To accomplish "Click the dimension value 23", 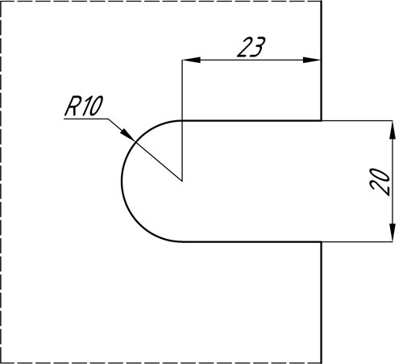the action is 251,48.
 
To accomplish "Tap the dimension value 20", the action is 380,182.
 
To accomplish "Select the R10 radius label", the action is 84,106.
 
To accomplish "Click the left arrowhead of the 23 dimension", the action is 191,60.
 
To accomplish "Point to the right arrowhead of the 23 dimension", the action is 312,60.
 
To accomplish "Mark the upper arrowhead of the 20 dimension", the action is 393,130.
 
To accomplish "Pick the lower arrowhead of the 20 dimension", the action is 393,232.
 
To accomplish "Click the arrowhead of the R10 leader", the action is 127,134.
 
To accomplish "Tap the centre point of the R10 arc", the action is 182,181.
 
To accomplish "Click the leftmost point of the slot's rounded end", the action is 122,181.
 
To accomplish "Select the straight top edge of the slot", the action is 251,121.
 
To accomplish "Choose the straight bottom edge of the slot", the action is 251,241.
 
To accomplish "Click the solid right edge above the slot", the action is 321,61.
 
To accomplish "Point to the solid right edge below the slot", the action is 321,302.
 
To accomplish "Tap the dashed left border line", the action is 1,182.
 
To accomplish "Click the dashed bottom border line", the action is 161,362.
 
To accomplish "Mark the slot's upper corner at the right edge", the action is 321,121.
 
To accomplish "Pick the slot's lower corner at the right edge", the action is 321,241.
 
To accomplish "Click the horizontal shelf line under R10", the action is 86,119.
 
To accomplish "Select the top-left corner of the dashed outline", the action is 1,1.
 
